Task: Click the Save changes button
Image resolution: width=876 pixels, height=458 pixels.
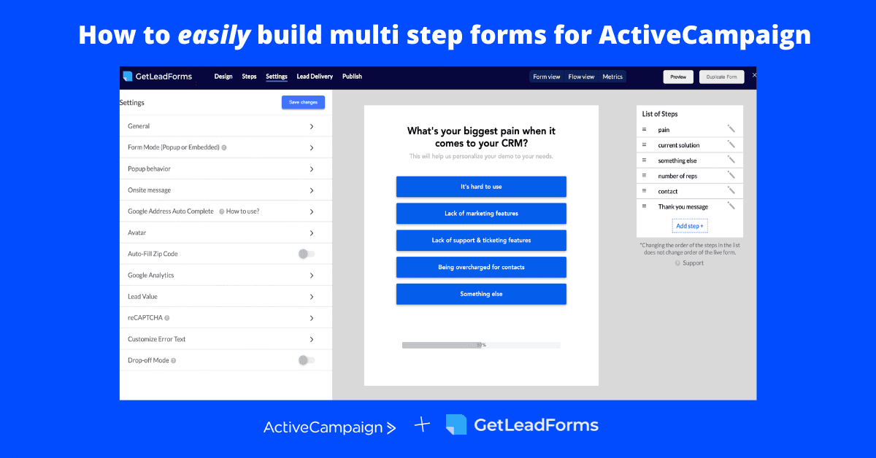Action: [x=303, y=102]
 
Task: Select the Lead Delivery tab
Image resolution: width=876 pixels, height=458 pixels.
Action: [x=315, y=77]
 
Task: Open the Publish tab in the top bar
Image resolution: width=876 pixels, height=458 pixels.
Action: [x=352, y=77]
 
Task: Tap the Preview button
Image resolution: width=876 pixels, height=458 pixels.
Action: [x=678, y=77]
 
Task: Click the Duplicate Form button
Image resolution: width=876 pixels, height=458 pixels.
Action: [x=721, y=77]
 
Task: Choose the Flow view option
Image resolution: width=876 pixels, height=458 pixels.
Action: [x=581, y=77]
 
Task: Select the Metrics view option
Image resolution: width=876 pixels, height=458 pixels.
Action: [x=612, y=77]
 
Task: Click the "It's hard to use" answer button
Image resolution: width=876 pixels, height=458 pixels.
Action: [x=481, y=187]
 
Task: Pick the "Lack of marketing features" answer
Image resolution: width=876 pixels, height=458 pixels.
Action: [x=481, y=214]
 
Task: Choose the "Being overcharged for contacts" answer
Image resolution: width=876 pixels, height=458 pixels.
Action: [x=481, y=267]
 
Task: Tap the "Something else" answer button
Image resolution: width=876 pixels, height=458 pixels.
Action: [x=481, y=294]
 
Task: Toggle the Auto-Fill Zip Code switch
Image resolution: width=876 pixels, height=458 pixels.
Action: [x=307, y=254]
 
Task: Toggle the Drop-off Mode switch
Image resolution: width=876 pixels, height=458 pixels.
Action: [x=307, y=360]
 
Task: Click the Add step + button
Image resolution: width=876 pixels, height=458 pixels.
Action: [x=690, y=226]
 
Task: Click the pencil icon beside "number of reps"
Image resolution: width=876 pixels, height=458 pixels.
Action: [x=731, y=175]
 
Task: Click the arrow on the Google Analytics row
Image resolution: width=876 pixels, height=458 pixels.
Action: [x=312, y=276]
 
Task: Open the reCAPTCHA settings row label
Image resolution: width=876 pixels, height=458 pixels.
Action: [x=145, y=318]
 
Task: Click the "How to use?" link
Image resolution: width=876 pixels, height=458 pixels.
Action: [x=243, y=211]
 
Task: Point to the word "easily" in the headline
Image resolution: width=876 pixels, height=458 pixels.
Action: [x=214, y=34]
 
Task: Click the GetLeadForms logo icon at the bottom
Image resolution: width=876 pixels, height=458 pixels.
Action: [x=456, y=425]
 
